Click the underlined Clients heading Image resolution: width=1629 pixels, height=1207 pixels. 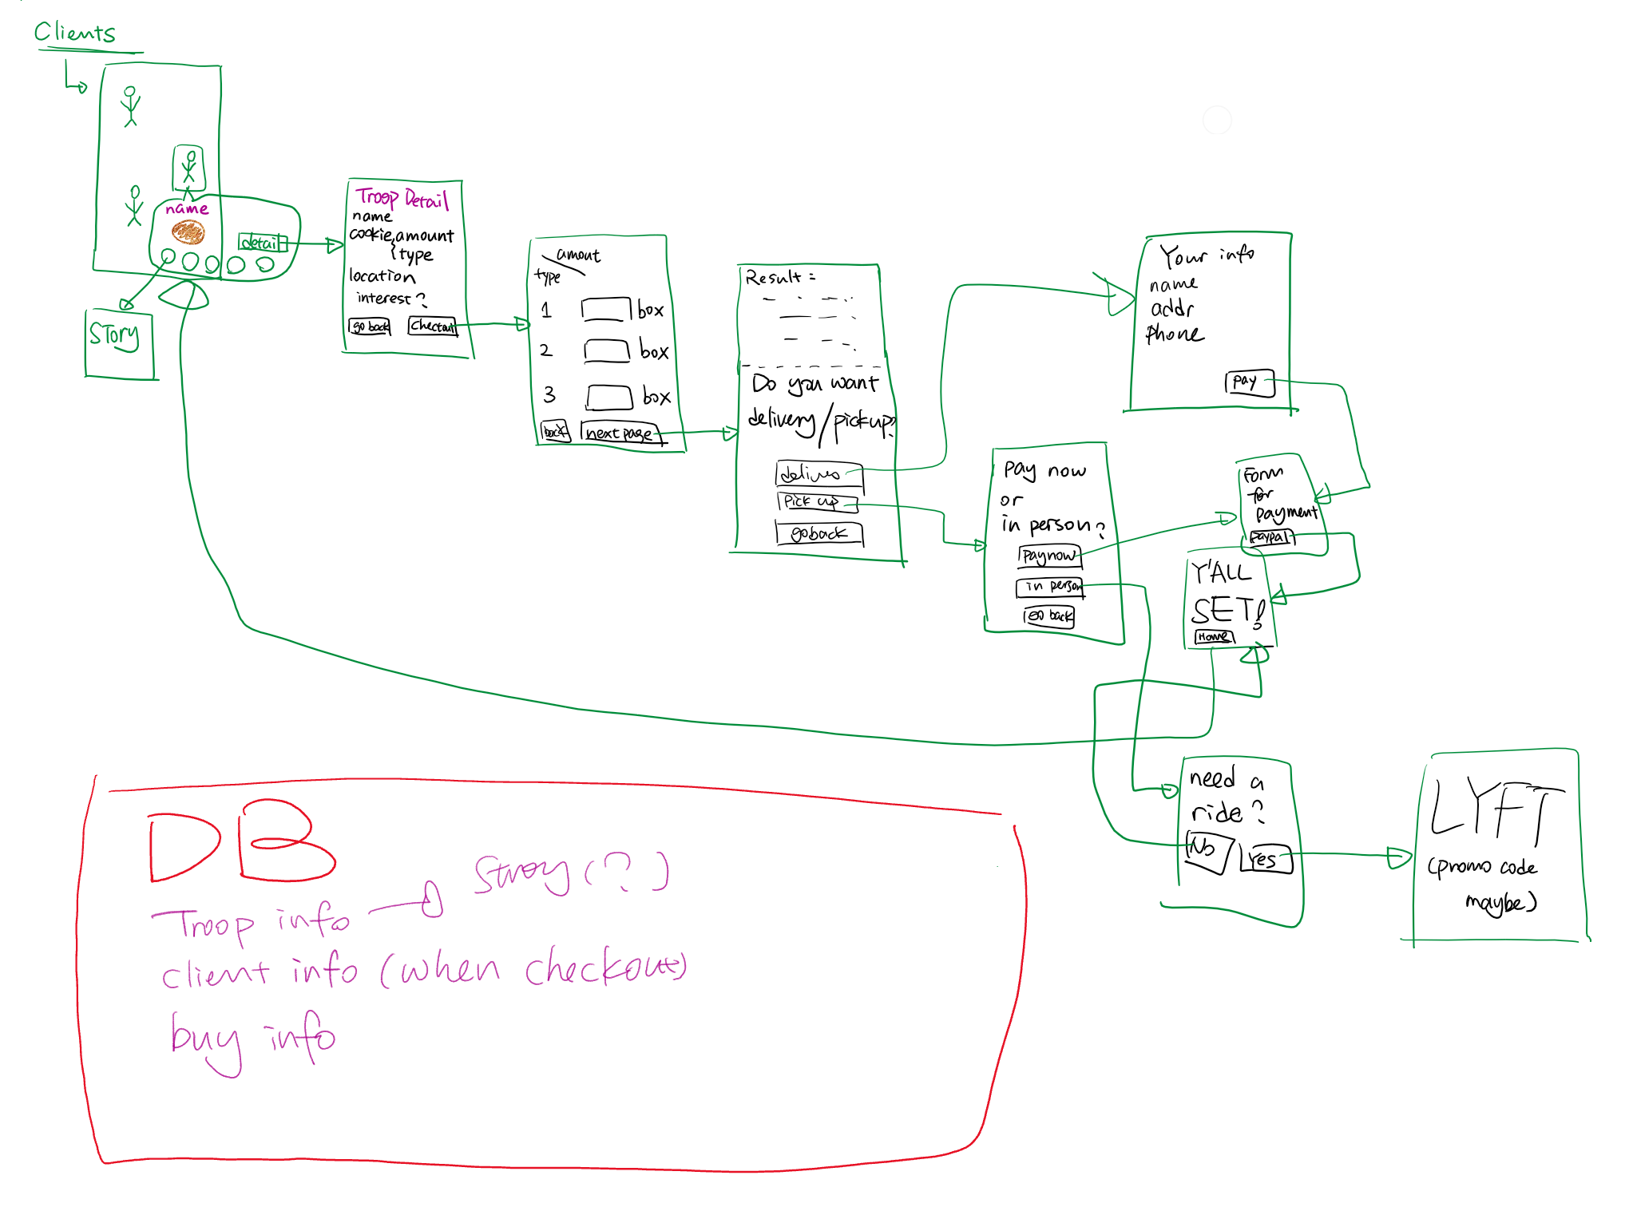pyautogui.click(x=75, y=33)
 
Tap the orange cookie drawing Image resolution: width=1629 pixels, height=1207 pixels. pyautogui.click(x=188, y=232)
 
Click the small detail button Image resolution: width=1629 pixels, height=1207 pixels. pyautogui.click(x=261, y=242)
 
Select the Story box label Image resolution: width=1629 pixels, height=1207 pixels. pyautogui.click(x=114, y=335)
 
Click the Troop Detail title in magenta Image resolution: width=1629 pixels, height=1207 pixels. pyautogui.click(x=402, y=198)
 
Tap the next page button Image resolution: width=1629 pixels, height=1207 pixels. pyautogui.click(x=620, y=433)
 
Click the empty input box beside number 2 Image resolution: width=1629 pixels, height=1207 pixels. pyautogui.click(x=607, y=351)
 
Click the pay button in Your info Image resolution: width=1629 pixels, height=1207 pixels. pyautogui.click(x=1248, y=382)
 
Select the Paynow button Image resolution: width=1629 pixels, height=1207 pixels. pyautogui.click(x=1049, y=556)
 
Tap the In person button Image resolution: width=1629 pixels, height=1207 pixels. pyautogui.click(x=1050, y=587)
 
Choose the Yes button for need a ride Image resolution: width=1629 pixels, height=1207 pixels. pyautogui.click(x=1265, y=860)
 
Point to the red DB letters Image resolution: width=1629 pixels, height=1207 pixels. pyautogui.click(x=240, y=846)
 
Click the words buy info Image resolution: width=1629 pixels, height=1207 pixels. pyautogui.click(x=252, y=1038)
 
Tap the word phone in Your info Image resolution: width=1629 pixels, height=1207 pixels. pyautogui.click(x=1174, y=334)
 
